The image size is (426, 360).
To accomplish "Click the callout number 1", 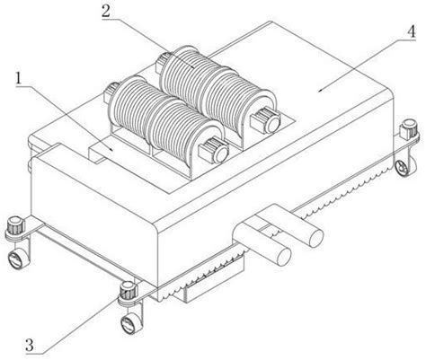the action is [20, 78].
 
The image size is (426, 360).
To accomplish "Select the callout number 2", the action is [106, 11].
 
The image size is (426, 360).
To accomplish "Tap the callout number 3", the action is [30, 345].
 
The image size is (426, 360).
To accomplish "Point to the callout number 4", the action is [412, 31].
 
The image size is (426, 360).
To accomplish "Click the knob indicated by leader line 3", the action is [129, 290].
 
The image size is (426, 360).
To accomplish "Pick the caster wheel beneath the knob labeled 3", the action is [129, 323].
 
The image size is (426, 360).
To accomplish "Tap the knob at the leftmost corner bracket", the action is [15, 226].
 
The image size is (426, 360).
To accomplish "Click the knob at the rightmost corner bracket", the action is [409, 128].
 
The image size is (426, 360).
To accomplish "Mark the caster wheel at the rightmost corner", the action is [403, 167].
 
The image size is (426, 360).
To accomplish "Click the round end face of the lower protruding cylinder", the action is [283, 257].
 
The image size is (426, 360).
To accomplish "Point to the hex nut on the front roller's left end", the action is [111, 91].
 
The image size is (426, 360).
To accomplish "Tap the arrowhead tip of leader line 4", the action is [319, 91].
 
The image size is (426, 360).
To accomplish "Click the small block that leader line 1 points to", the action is [102, 151].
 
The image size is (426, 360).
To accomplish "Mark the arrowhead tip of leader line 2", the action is [194, 68].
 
